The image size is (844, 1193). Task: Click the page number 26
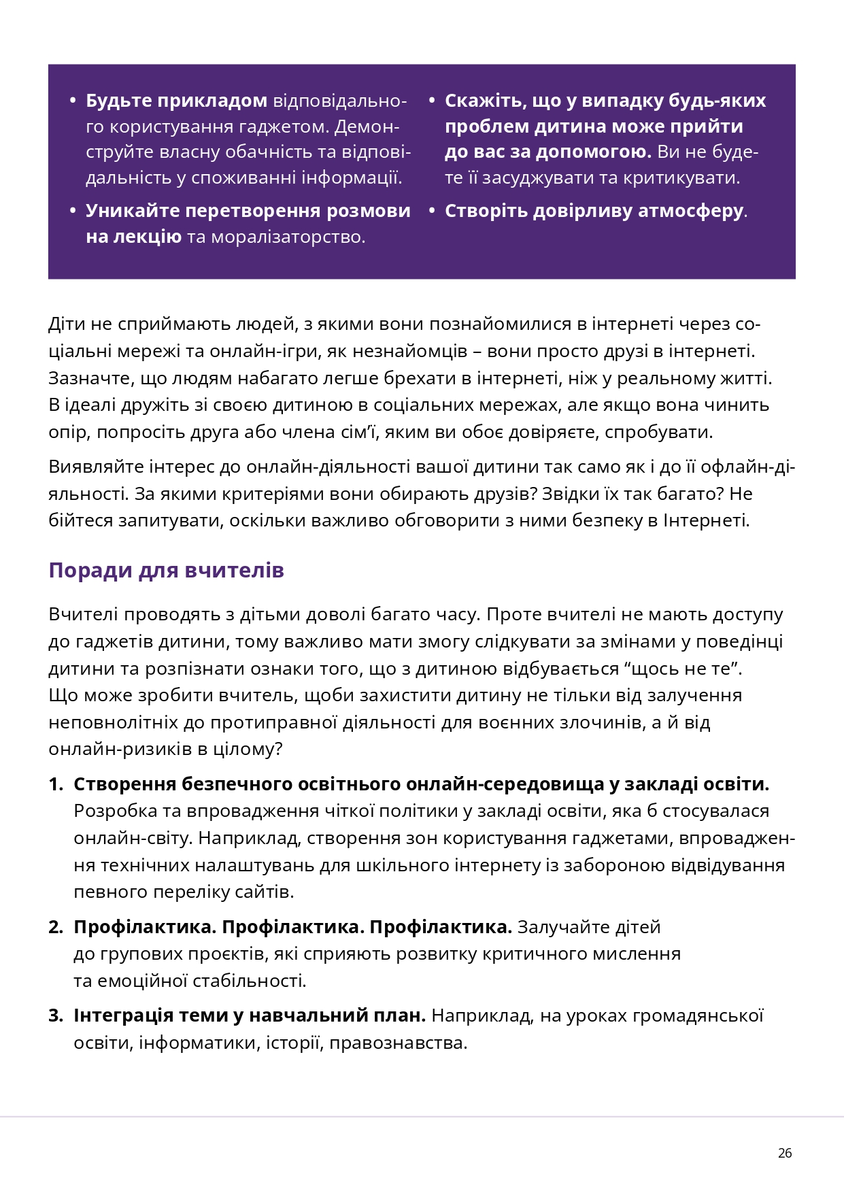(784, 1153)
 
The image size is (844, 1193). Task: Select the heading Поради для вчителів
(166, 570)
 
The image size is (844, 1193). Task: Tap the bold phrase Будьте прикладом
(176, 101)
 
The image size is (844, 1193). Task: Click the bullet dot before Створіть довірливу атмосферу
(432, 211)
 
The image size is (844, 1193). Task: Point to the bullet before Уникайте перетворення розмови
(73, 211)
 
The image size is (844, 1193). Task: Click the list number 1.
(55, 784)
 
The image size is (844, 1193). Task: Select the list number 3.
(55, 1015)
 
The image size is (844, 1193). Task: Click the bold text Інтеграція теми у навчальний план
(250, 1015)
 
